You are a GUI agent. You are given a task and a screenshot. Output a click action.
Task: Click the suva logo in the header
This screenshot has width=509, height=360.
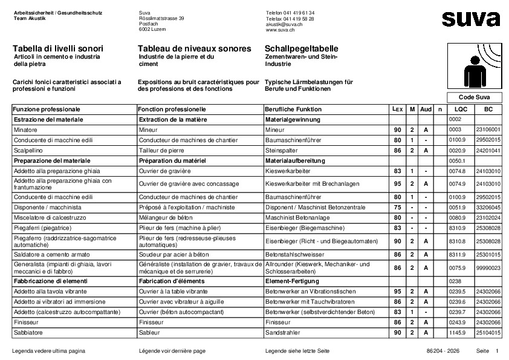470,19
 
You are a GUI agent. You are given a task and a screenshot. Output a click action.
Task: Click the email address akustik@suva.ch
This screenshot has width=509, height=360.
285,24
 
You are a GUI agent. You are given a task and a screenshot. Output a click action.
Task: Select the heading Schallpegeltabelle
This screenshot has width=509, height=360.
301,48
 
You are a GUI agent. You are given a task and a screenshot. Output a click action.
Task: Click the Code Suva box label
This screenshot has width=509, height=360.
475,97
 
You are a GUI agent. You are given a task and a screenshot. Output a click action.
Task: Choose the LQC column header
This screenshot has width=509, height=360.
461,110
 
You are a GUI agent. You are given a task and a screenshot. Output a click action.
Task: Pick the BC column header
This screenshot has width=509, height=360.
488,110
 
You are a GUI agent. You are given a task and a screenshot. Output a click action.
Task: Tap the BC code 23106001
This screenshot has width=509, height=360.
488,130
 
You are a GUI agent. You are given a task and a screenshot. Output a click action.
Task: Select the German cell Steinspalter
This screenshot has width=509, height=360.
282,150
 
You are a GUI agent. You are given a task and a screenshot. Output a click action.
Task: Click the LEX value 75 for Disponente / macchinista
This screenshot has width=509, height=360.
397,207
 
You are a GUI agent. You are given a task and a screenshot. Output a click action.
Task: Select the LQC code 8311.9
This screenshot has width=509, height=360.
458,255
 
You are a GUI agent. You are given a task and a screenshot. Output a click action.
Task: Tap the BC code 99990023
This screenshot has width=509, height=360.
488,267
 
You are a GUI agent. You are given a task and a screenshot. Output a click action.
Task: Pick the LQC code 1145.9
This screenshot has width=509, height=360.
458,333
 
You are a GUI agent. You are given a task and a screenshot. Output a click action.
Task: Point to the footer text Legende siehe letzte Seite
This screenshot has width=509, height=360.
297,351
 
